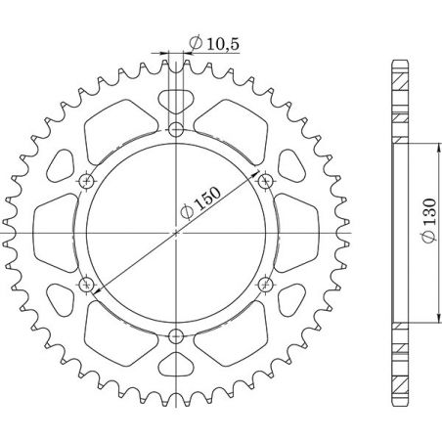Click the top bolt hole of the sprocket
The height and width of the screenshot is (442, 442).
tap(176, 129)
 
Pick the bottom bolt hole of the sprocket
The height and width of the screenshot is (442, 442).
tap(176, 337)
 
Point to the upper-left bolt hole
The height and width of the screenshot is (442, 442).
tap(86, 181)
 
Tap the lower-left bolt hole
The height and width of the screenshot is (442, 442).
tap(86, 285)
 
